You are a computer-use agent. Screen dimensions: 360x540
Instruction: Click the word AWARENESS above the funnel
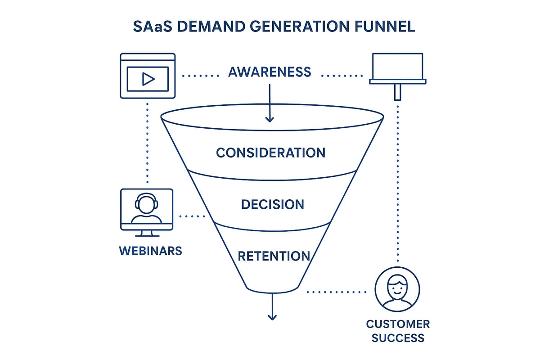270,72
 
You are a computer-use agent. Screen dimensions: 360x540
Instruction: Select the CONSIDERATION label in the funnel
270,153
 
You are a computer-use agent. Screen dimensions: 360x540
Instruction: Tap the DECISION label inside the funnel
273,205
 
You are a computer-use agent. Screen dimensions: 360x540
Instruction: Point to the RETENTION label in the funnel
274,256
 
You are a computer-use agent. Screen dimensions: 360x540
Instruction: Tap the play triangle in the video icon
148,79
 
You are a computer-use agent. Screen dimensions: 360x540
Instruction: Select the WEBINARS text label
150,251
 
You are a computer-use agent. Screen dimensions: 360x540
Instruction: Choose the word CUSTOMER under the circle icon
398,324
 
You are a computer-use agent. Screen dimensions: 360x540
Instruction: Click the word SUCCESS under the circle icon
398,338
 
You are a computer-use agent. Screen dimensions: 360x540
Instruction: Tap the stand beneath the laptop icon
397,92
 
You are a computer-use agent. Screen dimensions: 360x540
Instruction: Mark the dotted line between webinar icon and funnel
192,216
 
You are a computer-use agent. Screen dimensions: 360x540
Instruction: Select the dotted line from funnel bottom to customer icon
337,292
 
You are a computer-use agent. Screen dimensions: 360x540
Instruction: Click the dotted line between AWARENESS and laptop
342,76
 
